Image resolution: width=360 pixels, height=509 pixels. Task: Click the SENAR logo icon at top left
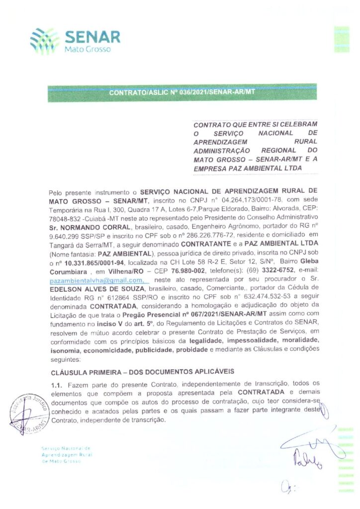pyautogui.click(x=44, y=39)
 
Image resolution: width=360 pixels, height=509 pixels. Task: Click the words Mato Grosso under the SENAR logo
pyautogui.click(x=88, y=49)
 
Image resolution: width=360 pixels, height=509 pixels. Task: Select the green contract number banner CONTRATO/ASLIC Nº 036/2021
pyautogui.click(x=181, y=92)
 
